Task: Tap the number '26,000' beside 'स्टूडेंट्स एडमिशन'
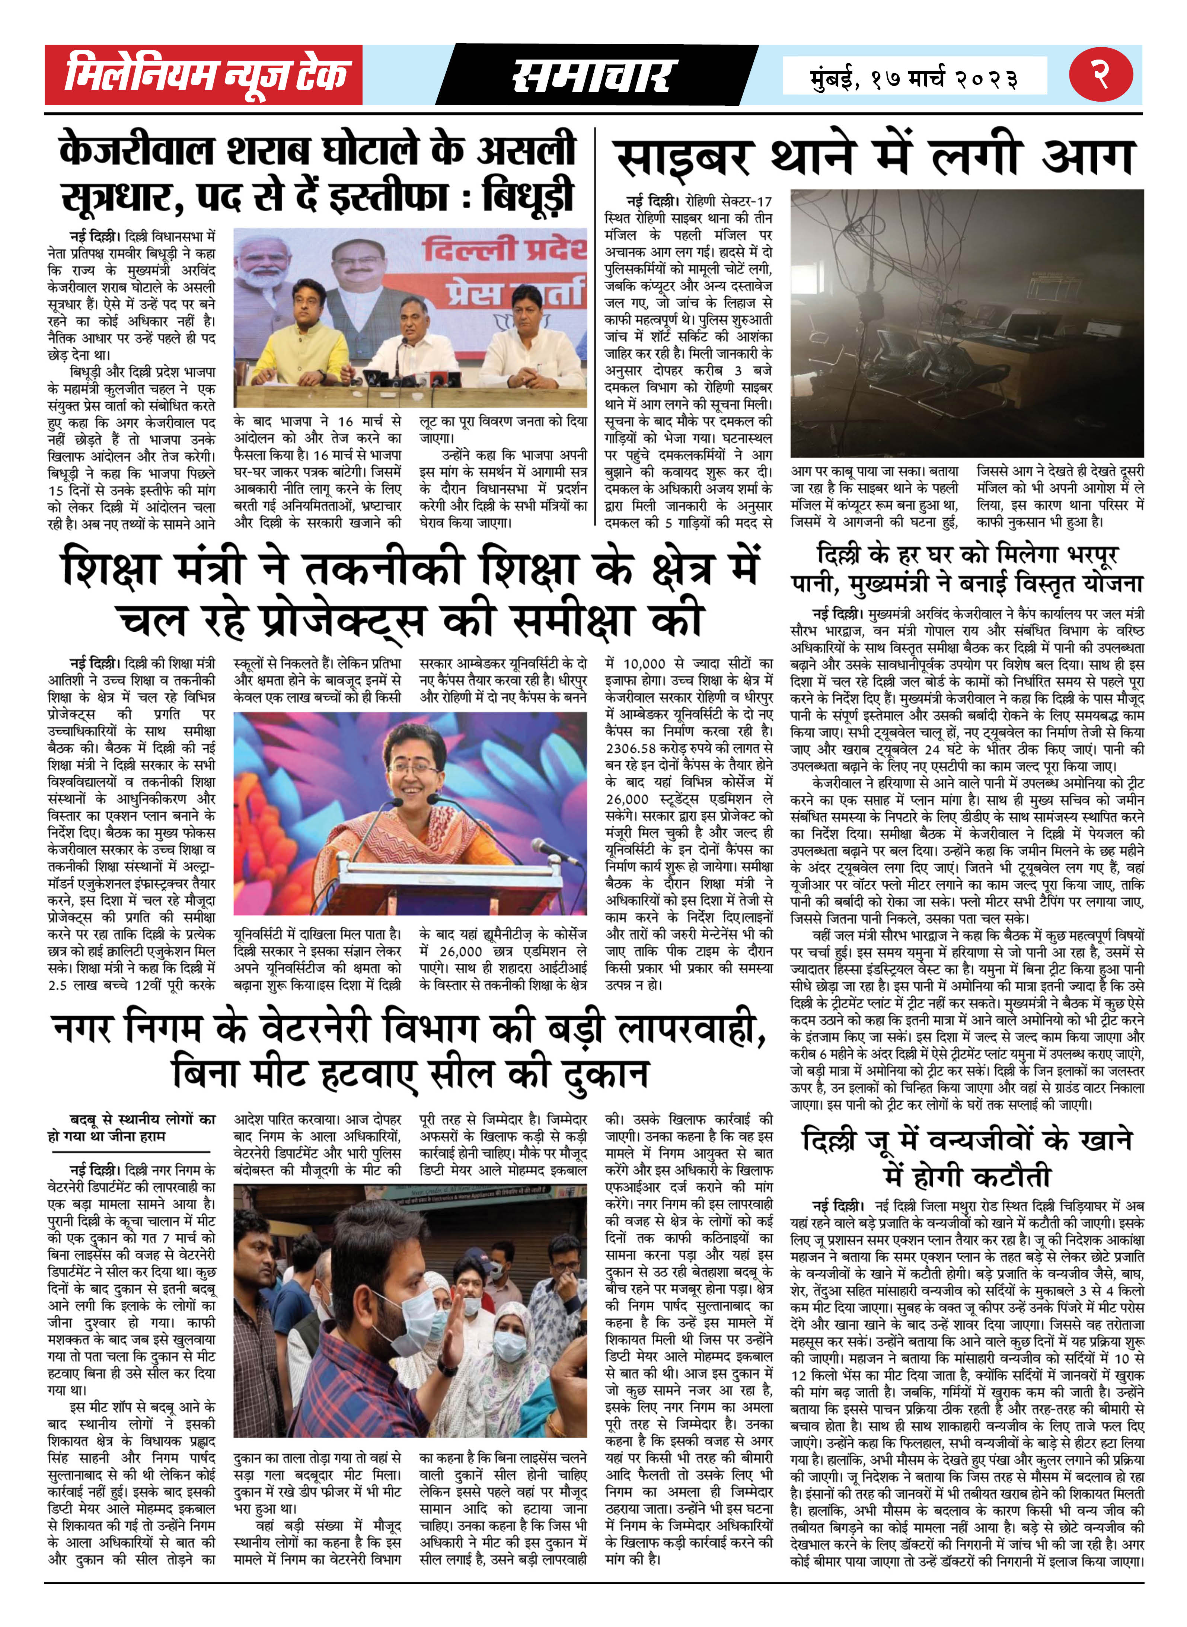[x=627, y=799]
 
